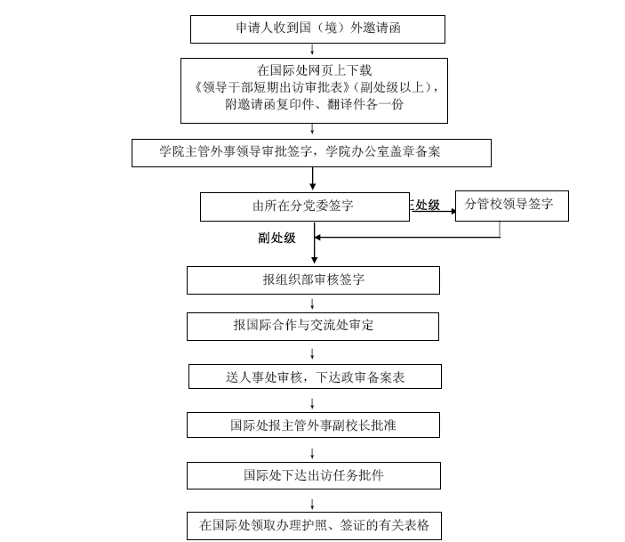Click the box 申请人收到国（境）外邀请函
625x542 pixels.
[x=317, y=28]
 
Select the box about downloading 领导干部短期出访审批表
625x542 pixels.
[x=314, y=90]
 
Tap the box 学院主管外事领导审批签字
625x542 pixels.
[x=311, y=152]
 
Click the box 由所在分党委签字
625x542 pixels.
[x=304, y=206]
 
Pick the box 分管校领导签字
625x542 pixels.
[x=511, y=206]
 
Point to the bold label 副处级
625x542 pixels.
[x=277, y=238]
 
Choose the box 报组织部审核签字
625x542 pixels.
[x=313, y=280]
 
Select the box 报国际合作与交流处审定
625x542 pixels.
[x=312, y=326]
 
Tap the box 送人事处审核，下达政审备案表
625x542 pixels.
[x=315, y=376]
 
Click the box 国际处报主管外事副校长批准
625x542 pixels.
[x=313, y=425]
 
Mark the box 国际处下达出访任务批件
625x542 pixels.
[x=313, y=475]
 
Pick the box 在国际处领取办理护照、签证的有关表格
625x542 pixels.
[x=313, y=525]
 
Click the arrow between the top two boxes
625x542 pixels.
[x=312, y=50]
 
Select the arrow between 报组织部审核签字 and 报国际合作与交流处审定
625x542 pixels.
[x=312, y=303]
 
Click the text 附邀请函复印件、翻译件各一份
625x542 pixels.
[x=314, y=105]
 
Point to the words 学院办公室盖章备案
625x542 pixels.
[x=383, y=152]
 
